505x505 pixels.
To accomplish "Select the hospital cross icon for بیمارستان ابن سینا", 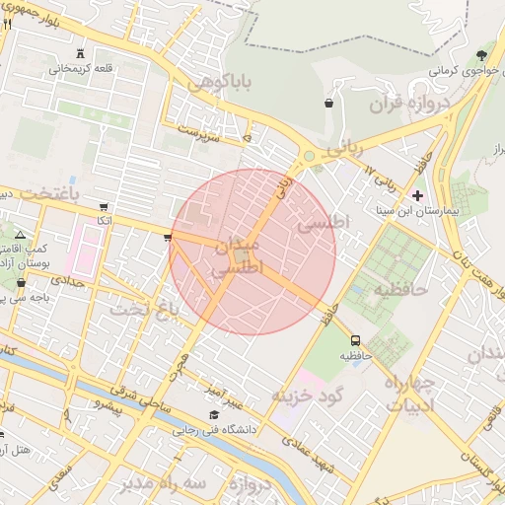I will [x=417, y=194].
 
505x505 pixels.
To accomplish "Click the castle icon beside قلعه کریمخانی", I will [x=79, y=53].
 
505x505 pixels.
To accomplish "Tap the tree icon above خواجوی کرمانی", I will [x=481, y=54].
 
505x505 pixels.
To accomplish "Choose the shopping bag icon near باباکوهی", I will [x=327, y=102].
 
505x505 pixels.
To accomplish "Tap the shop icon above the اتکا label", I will [x=105, y=206].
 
